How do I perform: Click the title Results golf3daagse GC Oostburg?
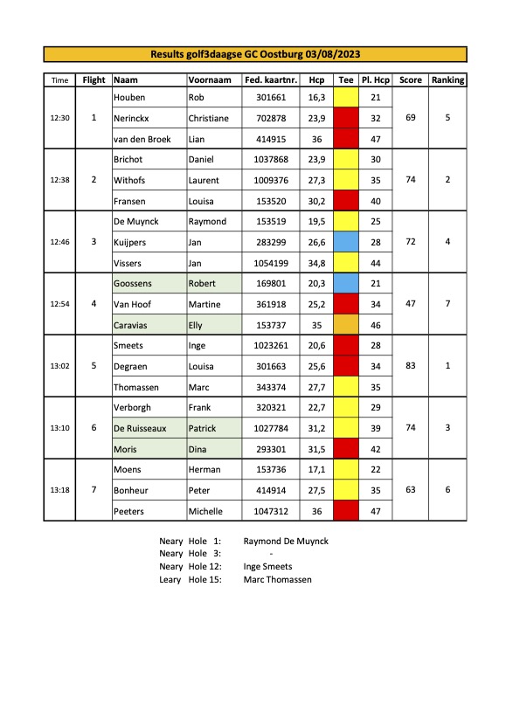(x=255, y=54)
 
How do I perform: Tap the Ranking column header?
(x=447, y=80)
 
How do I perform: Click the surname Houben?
(x=129, y=97)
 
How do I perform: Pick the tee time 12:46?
(x=59, y=242)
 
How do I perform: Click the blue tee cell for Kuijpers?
(x=346, y=242)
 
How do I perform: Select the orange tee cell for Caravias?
(x=346, y=324)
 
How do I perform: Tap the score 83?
(x=410, y=366)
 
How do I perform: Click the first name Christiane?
(x=208, y=118)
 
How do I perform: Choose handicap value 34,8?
(x=316, y=263)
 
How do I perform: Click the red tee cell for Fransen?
(x=346, y=201)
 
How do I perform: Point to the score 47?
(x=410, y=304)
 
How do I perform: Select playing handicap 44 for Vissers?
(x=376, y=263)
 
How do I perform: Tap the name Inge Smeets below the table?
(x=268, y=566)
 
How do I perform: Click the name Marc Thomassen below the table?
(x=277, y=579)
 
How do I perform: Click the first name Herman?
(x=204, y=469)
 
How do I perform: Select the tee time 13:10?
(x=59, y=428)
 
